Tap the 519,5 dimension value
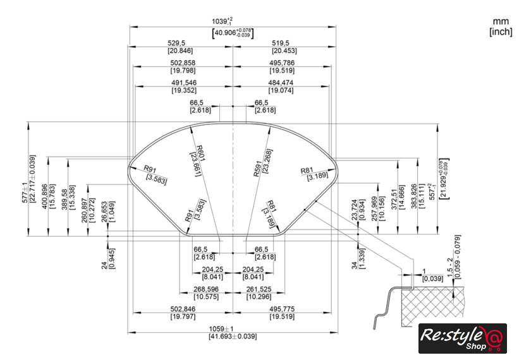(284, 42)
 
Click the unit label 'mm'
(501, 21)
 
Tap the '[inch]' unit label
(501, 32)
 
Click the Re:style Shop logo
(462, 338)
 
